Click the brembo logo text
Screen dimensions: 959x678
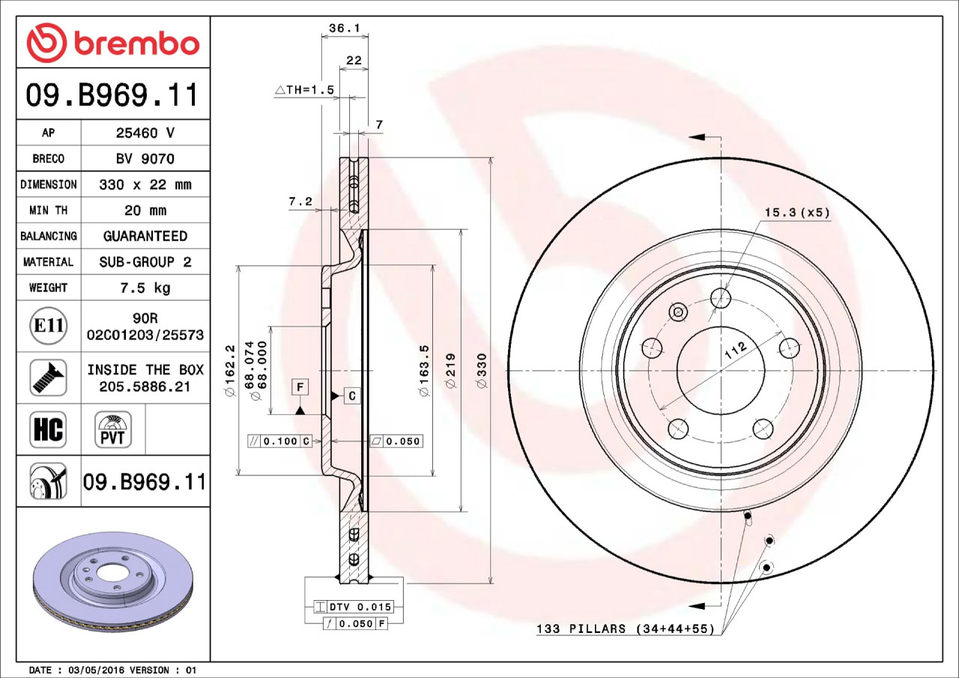click(137, 43)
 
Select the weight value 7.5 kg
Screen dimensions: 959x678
click(145, 288)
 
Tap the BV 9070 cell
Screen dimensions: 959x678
click(145, 159)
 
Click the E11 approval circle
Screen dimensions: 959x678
click(49, 326)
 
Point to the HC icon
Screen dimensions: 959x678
click(48, 429)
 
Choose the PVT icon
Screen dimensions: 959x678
click(112, 429)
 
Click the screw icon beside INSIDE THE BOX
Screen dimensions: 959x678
click(49, 378)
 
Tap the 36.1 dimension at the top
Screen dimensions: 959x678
click(345, 28)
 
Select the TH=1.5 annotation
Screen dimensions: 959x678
click(304, 90)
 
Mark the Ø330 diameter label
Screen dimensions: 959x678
click(482, 371)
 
